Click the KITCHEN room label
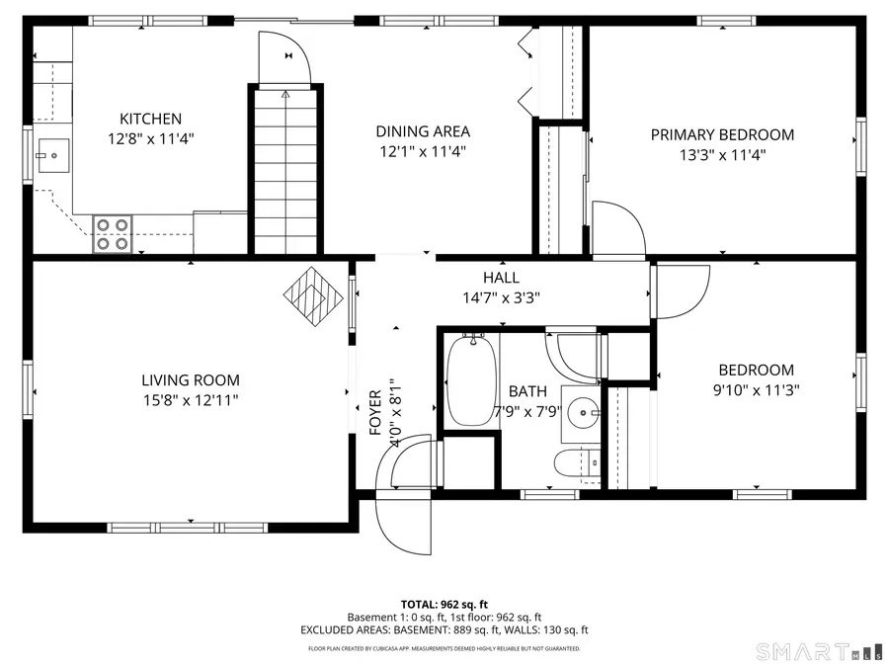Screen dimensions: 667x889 pos(150,119)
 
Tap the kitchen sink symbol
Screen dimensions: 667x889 pos(52,153)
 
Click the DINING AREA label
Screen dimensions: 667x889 pos(422,130)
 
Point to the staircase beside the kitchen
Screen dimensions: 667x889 pos(284,168)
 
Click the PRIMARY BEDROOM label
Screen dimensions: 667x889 pos(721,134)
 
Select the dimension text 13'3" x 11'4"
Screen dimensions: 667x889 pos(721,154)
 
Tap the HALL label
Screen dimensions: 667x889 pos(501,278)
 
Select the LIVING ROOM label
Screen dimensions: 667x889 pos(190,379)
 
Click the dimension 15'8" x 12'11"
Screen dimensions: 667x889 pos(190,399)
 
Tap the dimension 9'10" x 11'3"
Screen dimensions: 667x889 pos(757,389)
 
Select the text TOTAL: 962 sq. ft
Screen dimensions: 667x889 pos(444,604)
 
